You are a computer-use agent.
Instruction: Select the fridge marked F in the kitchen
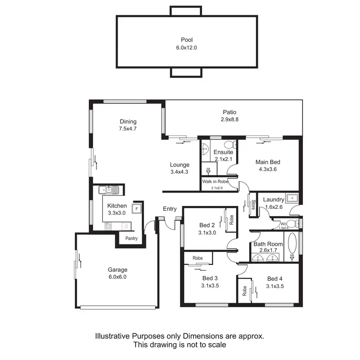[x=137, y=209]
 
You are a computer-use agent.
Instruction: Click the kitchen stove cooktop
[x=108, y=226]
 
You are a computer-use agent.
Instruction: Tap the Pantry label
[x=132, y=239]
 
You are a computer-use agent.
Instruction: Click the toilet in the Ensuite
[x=228, y=144]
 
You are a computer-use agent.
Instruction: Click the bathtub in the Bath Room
[x=293, y=244]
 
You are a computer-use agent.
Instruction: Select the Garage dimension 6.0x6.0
[x=117, y=277]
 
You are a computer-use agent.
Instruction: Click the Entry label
[x=169, y=209]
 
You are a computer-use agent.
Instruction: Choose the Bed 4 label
[x=275, y=279]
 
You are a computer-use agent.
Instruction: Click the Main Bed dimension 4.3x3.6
[x=267, y=169]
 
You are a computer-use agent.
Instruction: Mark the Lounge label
[x=180, y=165]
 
